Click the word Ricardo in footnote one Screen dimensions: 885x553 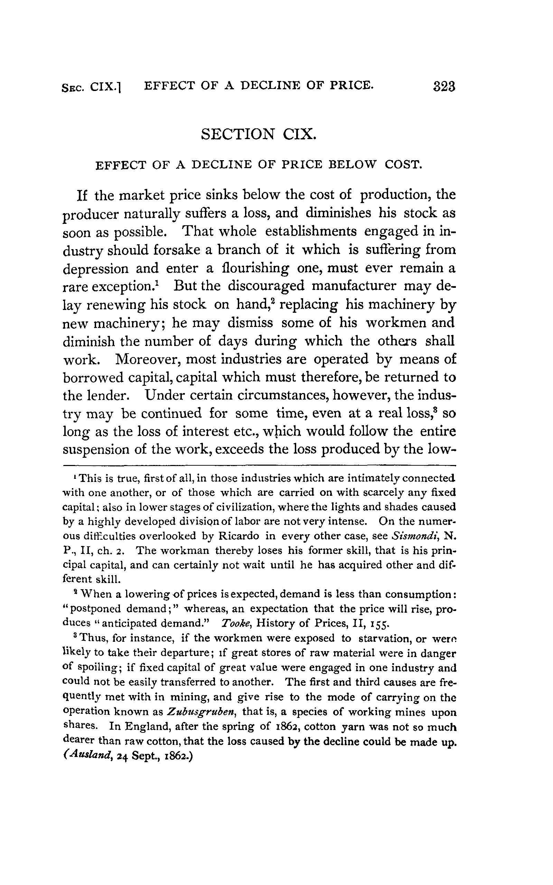239,536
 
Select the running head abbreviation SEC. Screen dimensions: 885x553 73,87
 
